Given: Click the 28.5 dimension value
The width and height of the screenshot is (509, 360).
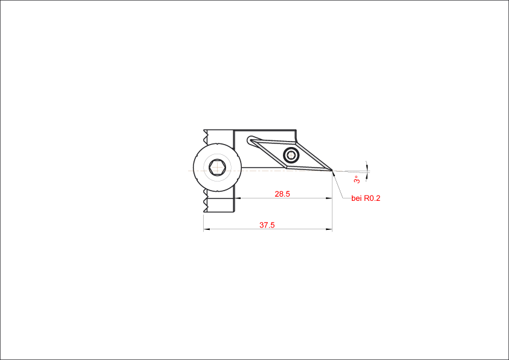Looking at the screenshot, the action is pos(282,194).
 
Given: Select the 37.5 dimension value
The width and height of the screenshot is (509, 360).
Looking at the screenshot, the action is pos(267,225).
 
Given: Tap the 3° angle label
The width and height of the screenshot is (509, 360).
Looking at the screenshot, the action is pos(357,179).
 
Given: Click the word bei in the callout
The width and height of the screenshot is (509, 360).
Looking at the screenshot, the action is pos(357,198).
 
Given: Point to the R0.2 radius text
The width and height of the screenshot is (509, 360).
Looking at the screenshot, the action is pos(372,198).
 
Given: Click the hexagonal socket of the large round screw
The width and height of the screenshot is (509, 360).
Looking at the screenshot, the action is pos(217,168).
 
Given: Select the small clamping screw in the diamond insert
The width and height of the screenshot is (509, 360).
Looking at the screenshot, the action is pos(291,155).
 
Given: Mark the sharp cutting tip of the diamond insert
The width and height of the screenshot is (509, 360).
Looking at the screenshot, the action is pos(332,170).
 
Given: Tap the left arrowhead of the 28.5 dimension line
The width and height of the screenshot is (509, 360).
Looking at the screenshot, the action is pos(238,198).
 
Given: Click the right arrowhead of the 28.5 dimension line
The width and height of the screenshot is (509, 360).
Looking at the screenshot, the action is pos(329,198).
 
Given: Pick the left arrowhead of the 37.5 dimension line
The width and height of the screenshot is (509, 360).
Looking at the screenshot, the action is pos(206,229).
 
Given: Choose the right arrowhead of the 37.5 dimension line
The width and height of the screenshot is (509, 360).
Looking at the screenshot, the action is pos(329,229).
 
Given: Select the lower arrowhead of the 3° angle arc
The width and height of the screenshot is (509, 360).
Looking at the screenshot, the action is pos(367,175).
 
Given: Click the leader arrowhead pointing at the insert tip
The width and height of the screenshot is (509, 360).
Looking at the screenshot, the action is pos(334,173).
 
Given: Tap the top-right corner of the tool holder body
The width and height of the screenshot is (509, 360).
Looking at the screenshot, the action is pos(296,130).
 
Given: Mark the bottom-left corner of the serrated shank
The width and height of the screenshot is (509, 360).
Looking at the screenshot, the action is pos(204,212).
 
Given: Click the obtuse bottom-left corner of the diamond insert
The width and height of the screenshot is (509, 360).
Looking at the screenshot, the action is pos(287,168).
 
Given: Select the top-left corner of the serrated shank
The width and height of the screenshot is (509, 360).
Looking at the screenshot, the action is pos(204,130).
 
